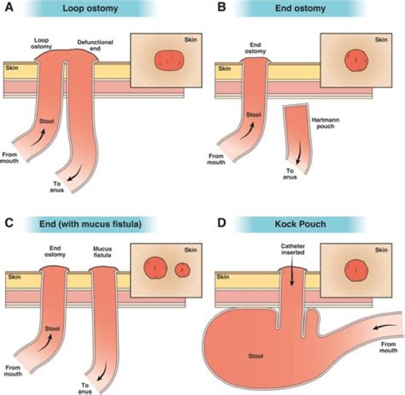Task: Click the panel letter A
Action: (x=8, y=8)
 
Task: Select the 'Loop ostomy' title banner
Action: (x=90, y=8)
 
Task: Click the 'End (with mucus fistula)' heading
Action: (x=89, y=224)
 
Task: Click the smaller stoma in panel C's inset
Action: (x=182, y=270)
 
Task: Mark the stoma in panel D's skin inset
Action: (x=356, y=269)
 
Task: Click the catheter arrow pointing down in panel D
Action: (x=292, y=276)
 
